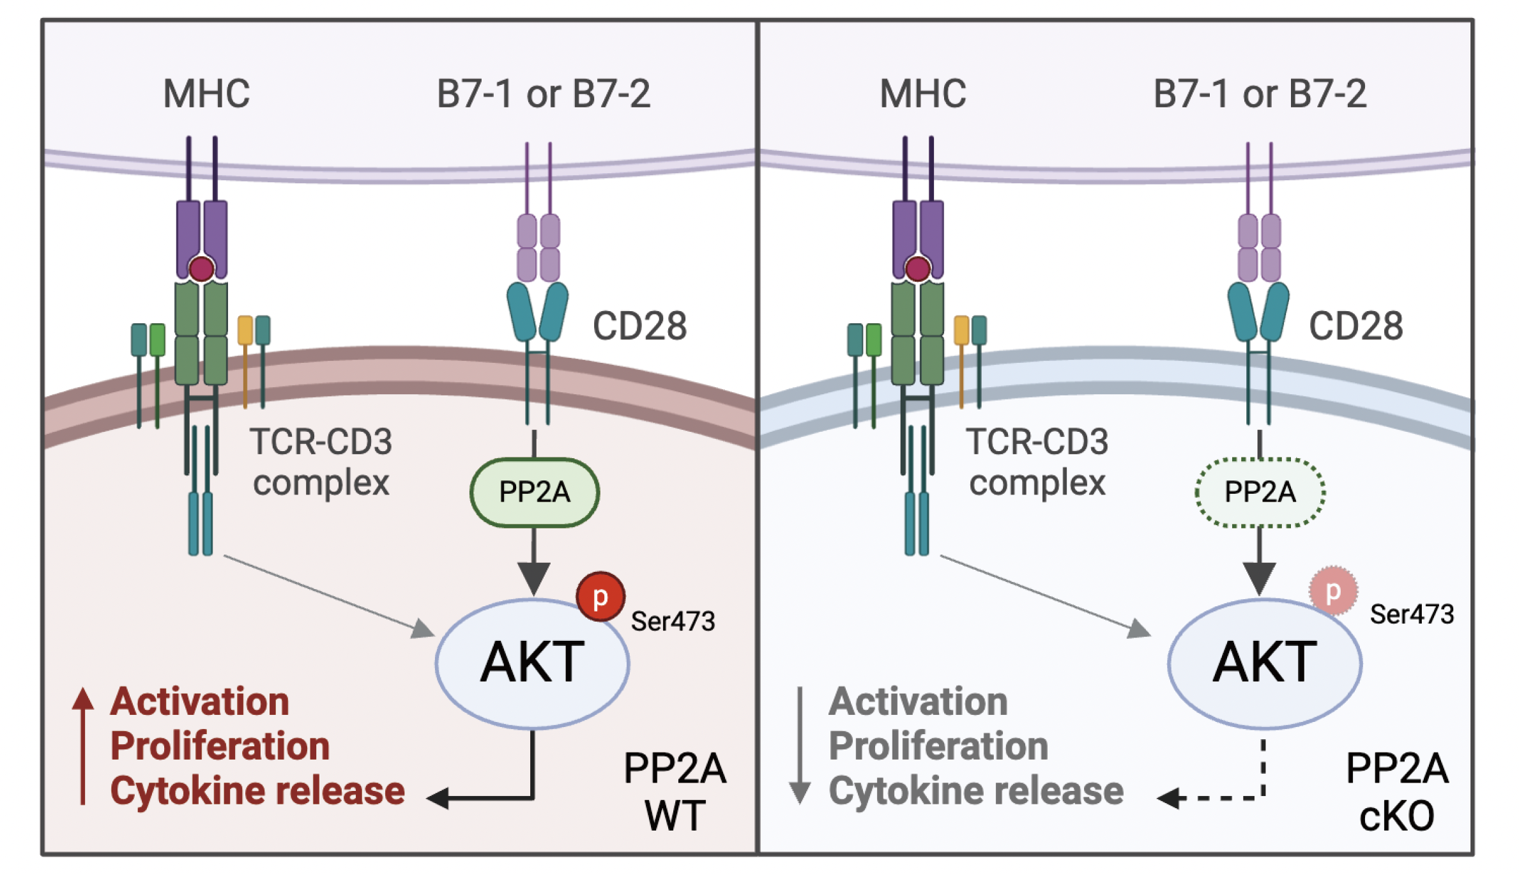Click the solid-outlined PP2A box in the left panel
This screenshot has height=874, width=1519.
tap(534, 493)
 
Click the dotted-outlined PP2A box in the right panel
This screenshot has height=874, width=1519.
tap(1260, 493)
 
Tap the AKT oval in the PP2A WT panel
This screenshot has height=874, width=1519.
tap(532, 663)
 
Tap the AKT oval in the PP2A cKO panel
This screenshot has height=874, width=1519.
tap(1264, 663)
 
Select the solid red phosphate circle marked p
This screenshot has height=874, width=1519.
tap(600, 596)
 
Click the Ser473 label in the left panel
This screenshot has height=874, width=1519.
tap(673, 621)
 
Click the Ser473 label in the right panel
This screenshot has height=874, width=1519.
tap(1411, 614)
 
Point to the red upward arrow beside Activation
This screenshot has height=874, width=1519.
tap(82, 744)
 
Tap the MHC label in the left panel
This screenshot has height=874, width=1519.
tap(206, 94)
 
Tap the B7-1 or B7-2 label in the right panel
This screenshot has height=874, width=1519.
tap(1259, 94)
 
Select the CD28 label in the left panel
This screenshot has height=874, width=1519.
tap(639, 326)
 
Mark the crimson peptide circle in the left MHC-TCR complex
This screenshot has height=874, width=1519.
tap(201, 269)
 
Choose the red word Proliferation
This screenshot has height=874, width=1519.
tap(220, 746)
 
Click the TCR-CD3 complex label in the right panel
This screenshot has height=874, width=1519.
tap(1037, 462)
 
